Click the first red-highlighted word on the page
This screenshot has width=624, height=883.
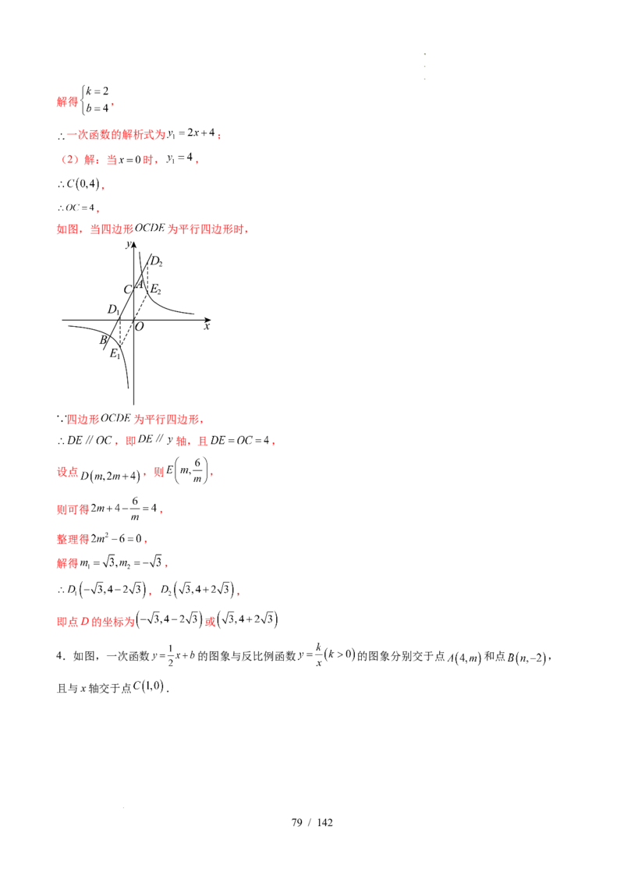(x=67, y=102)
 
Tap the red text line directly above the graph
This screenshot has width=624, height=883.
(x=152, y=230)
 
